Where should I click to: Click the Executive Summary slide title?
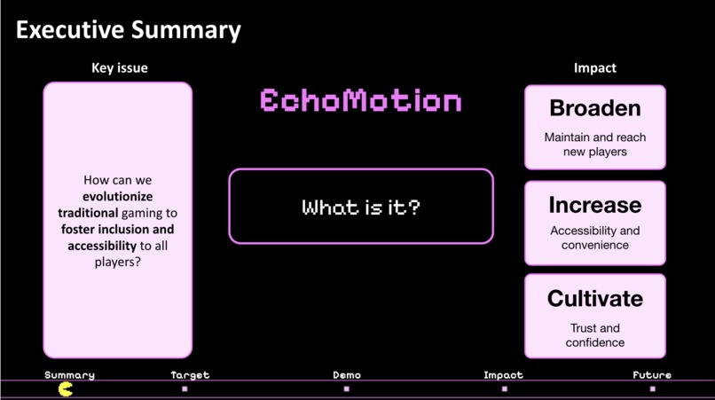pyautogui.click(x=129, y=29)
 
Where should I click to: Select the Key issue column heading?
pyautogui.click(x=120, y=68)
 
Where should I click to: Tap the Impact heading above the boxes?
pyautogui.click(x=594, y=68)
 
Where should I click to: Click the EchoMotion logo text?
pyautogui.click(x=361, y=101)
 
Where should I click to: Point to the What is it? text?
pyautogui.click(x=361, y=208)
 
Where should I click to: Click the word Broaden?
pyautogui.click(x=594, y=109)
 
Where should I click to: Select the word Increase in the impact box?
pyautogui.click(x=594, y=205)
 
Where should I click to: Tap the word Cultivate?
pyautogui.click(x=594, y=299)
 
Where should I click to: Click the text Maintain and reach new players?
pyautogui.click(x=594, y=145)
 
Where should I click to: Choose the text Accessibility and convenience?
pyautogui.click(x=594, y=238)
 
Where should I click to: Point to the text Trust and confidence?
pyautogui.click(x=594, y=335)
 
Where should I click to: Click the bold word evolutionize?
pyautogui.click(x=117, y=197)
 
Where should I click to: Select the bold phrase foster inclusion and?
pyautogui.click(x=117, y=230)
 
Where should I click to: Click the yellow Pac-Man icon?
pyautogui.click(x=66, y=388)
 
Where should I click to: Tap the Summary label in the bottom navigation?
pyautogui.click(x=69, y=375)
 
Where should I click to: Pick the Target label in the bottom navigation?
pyautogui.click(x=190, y=375)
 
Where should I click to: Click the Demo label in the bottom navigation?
pyautogui.click(x=347, y=375)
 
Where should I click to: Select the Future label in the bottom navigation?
pyautogui.click(x=652, y=375)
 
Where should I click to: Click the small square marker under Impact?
pyautogui.click(x=505, y=388)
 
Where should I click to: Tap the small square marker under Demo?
pyautogui.click(x=347, y=388)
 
